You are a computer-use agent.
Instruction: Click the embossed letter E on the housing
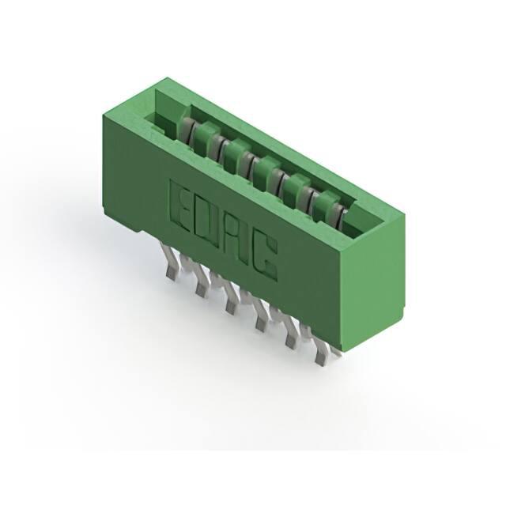coord(182,207)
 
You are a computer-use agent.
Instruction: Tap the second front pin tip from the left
coord(201,291)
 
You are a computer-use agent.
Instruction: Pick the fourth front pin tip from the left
coord(261,324)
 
